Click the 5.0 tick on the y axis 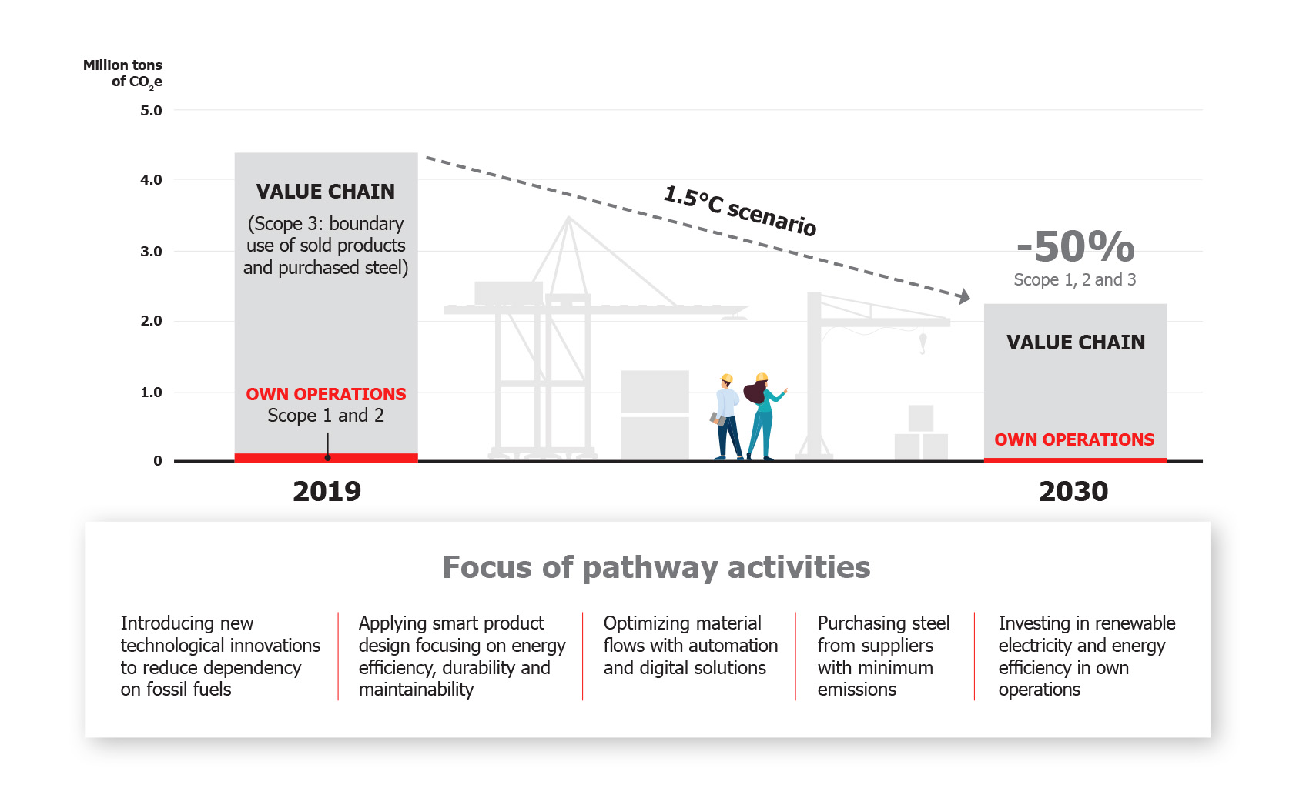point(151,111)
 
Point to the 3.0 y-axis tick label point(151,252)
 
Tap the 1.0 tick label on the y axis point(151,392)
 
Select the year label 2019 point(327,491)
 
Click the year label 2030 point(1073,491)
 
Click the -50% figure point(1076,246)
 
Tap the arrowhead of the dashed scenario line point(963,296)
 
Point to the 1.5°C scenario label point(740,210)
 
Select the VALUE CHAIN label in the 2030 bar point(1076,342)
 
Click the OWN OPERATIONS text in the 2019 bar point(326,394)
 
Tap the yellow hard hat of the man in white point(726,379)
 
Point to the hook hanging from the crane point(923,343)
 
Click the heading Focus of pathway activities point(656,567)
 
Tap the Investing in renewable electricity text point(1086,634)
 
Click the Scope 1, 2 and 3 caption point(1074,280)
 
